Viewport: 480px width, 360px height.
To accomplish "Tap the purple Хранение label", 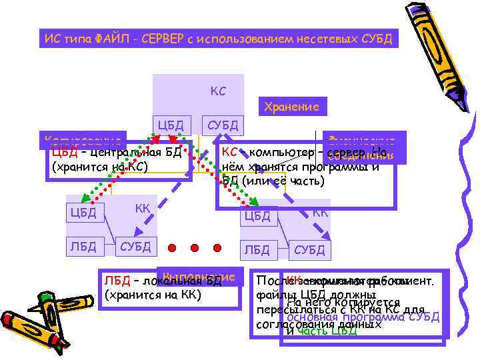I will [x=291, y=107].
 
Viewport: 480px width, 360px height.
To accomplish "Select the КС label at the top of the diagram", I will [x=218, y=90].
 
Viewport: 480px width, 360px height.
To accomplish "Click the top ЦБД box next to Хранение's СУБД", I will [x=171, y=124].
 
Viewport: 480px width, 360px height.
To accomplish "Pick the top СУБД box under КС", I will [x=221, y=124].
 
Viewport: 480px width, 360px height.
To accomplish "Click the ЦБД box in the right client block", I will [x=257, y=215].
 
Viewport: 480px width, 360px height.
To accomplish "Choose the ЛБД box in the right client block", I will [x=257, y=250].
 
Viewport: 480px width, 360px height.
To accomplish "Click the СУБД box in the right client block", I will [x=309, y=250].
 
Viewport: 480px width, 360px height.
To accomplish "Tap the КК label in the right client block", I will [x=320, y=213].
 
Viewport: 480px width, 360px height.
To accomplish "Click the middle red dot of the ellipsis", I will [x=195, y=248].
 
